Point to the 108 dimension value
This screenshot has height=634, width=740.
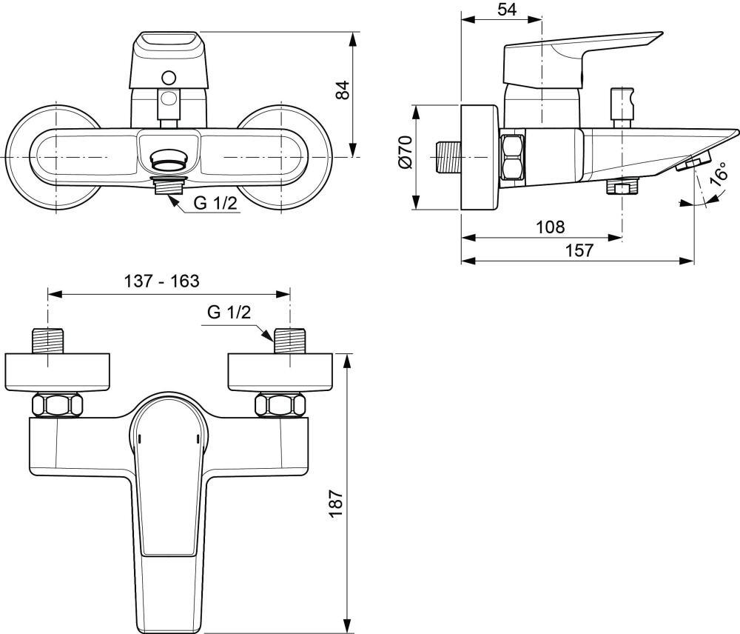[x=549, y=227]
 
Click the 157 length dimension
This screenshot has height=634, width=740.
[x=579, y=250]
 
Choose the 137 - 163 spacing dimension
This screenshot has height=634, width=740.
[x=161, y=281]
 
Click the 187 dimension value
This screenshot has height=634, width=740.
[x=337, y=504]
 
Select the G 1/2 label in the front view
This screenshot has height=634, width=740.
[x=215, y=204]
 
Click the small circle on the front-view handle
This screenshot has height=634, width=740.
[x=169, y=77]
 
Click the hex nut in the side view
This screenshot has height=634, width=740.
[x=513, y=157]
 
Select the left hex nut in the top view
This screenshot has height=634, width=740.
[x=55, y=406]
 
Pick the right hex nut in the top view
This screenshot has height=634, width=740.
[x=279, y=406]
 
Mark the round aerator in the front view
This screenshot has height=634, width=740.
[x=169, y=158]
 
